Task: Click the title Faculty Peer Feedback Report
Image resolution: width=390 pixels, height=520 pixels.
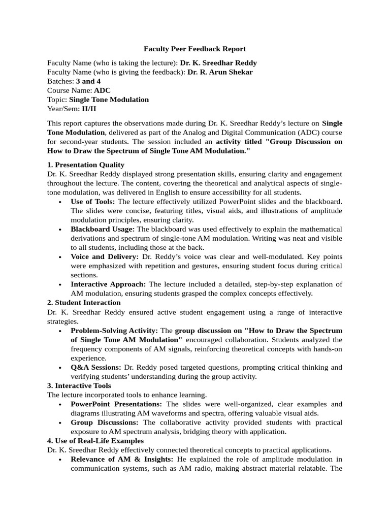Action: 194,49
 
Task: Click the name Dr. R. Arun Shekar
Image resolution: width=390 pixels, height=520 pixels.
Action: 220,72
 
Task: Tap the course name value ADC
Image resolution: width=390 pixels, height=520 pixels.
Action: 102,90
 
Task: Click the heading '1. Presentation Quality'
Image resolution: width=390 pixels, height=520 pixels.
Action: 85,165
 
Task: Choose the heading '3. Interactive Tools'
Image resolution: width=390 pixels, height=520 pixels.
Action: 79,385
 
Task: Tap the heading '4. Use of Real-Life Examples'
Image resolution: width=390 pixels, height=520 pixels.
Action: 95,441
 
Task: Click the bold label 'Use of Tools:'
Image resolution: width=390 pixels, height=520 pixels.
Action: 93,202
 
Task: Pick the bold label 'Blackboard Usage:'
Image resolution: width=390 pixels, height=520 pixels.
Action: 103,229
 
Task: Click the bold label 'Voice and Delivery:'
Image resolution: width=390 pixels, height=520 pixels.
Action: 105,257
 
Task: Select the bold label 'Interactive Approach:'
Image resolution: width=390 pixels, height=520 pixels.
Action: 108,284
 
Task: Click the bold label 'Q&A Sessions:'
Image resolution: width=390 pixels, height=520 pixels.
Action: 96,367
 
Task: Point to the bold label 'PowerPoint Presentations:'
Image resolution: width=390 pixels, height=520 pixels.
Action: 116,404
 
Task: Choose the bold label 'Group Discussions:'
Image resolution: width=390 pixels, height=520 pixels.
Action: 104,422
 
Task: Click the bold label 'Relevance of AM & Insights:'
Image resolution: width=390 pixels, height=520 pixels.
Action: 121,460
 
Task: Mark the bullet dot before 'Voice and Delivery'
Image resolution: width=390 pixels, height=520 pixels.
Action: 60,257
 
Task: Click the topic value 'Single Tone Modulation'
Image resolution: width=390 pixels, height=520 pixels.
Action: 109,100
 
